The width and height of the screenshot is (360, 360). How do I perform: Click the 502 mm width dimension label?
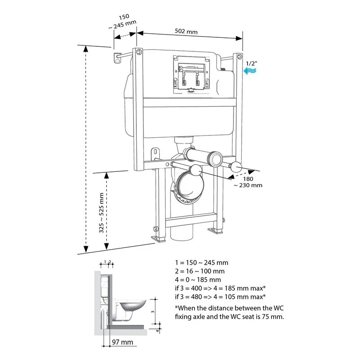(x=186, y=32)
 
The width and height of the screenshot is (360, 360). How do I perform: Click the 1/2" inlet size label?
(x=252, y=58)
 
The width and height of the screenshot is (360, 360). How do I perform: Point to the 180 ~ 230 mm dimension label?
(x=247, y=181)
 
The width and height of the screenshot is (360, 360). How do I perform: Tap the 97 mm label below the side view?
(x=122, y=342)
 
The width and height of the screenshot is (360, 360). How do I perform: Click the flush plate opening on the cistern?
(x=191, y=73)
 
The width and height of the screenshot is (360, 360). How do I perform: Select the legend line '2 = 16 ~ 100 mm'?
(x=200, y=271)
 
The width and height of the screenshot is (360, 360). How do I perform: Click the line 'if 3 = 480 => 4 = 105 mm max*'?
(x=220, y=297)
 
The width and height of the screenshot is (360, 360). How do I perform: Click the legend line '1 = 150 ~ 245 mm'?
(x=202, y=262)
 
